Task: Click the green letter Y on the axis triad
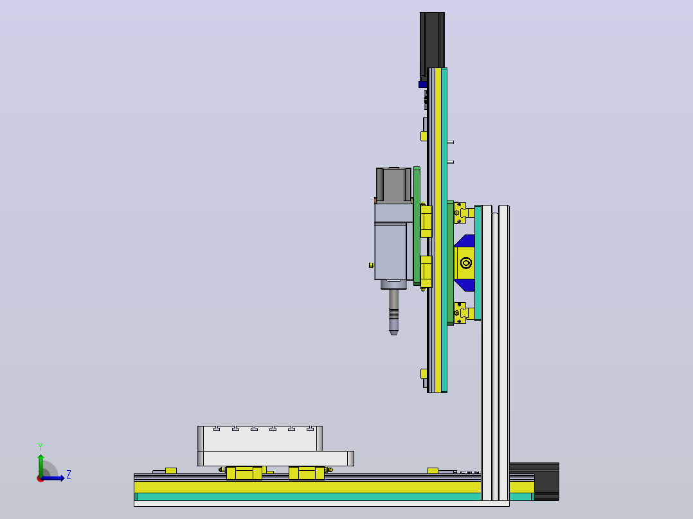(40, 446)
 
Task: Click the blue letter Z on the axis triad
(69, 475)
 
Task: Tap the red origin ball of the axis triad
(40, 479)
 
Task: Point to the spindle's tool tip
(394, 333)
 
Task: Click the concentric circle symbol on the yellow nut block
(466, 263)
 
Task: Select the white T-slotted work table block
(260, 439)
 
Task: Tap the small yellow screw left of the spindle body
(372, 265)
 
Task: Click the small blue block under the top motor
(422, 84)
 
